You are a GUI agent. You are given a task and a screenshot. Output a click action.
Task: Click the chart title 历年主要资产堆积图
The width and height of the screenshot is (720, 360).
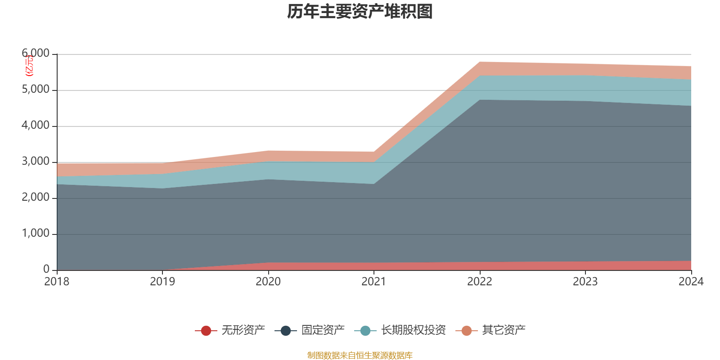[x=360, y=12]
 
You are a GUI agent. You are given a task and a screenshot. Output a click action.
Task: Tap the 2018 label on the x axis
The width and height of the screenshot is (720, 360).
[x=57, y=282]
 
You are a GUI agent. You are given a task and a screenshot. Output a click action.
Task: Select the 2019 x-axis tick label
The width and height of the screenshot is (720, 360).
[x=162, y=282]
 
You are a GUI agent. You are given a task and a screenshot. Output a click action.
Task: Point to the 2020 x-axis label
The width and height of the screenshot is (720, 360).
[x=268, y=282]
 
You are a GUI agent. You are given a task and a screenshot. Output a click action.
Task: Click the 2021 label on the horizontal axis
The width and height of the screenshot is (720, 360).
[x=374, y=282]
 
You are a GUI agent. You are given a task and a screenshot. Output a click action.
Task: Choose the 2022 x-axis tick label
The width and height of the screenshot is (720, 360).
[x=480, y=282]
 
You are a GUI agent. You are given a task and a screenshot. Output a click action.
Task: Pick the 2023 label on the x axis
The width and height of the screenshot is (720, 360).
[x=585, y=282]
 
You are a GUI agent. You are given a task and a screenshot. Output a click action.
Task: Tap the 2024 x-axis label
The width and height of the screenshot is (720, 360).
[x=691, y=282]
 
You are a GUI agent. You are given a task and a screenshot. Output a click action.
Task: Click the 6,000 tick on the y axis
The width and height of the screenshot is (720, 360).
[x=36, y=54]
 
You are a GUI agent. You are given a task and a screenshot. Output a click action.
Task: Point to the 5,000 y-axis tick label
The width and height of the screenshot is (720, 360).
[x=36, y=90]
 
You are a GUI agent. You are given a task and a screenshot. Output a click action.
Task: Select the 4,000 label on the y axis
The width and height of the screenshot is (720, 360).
[x=36, y=126]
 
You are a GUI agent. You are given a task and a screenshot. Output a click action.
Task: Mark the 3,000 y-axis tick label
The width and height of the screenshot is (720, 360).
[x=36, y=162]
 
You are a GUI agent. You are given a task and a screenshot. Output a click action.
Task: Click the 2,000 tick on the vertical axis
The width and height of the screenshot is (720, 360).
[x=36, y=198]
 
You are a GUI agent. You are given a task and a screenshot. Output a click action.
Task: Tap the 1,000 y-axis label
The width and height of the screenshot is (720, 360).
[x=36, y=234]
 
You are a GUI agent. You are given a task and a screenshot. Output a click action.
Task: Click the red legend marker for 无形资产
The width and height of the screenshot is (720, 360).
[x=206, y=331]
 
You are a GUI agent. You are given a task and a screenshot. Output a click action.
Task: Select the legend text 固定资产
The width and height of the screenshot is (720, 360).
[x=323, y=330]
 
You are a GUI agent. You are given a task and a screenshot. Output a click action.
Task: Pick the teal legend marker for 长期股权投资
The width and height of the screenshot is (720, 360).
[x=365, y=331]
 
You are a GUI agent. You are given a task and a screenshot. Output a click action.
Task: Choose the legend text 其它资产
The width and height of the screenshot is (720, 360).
[x=504, y=330]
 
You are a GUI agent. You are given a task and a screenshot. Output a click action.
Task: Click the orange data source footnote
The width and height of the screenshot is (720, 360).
[x=360, y=355]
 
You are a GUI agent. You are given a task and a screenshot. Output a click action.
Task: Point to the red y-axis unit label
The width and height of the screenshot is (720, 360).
[x=29, y=66]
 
